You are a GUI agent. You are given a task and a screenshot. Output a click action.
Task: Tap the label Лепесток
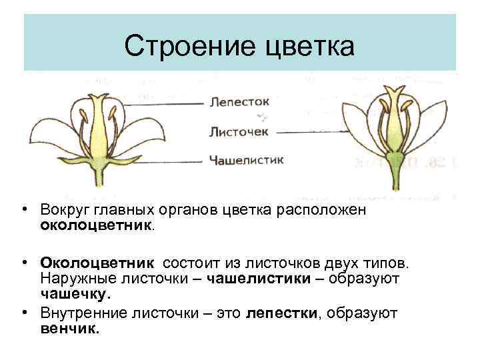point(239,102)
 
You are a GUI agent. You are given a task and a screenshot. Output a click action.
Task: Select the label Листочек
point(238,131)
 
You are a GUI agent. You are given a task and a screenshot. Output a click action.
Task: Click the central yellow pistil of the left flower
point(100,133)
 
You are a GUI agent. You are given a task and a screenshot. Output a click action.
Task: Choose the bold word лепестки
point(282,313)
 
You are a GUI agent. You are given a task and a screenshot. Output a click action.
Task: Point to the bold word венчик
point(70,328)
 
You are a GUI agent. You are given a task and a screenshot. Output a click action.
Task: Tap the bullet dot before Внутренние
point(23,311)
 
